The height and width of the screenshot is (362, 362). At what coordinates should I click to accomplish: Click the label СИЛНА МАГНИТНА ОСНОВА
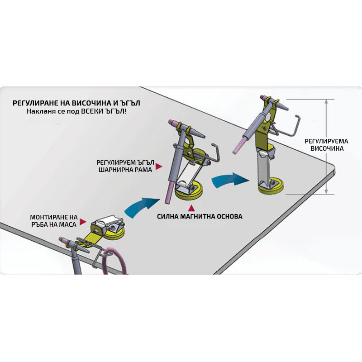[200, 217]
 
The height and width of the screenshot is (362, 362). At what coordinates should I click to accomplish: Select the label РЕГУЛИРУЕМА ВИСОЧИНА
[326, 145]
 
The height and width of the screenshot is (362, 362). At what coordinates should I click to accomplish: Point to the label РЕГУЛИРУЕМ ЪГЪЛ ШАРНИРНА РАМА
[125, 166]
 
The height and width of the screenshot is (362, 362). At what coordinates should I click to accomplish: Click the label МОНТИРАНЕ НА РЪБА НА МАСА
[54, 221]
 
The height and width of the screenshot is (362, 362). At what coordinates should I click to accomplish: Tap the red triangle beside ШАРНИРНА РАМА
[159, 167]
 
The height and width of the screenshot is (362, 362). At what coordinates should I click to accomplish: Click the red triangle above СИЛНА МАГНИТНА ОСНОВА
[191, 208]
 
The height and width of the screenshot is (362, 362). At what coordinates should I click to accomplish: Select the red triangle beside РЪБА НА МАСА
[83, 222]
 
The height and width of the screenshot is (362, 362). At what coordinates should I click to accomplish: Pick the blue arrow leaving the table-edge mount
[141, 207]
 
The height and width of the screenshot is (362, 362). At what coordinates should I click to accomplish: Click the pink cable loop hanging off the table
[115, 261]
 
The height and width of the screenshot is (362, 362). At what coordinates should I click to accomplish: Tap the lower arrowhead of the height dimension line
[326, 191]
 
